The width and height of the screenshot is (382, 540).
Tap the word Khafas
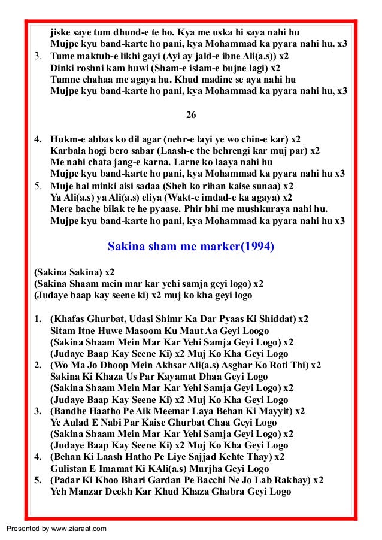click(70, 319)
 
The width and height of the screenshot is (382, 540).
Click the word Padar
click(67, 480)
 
